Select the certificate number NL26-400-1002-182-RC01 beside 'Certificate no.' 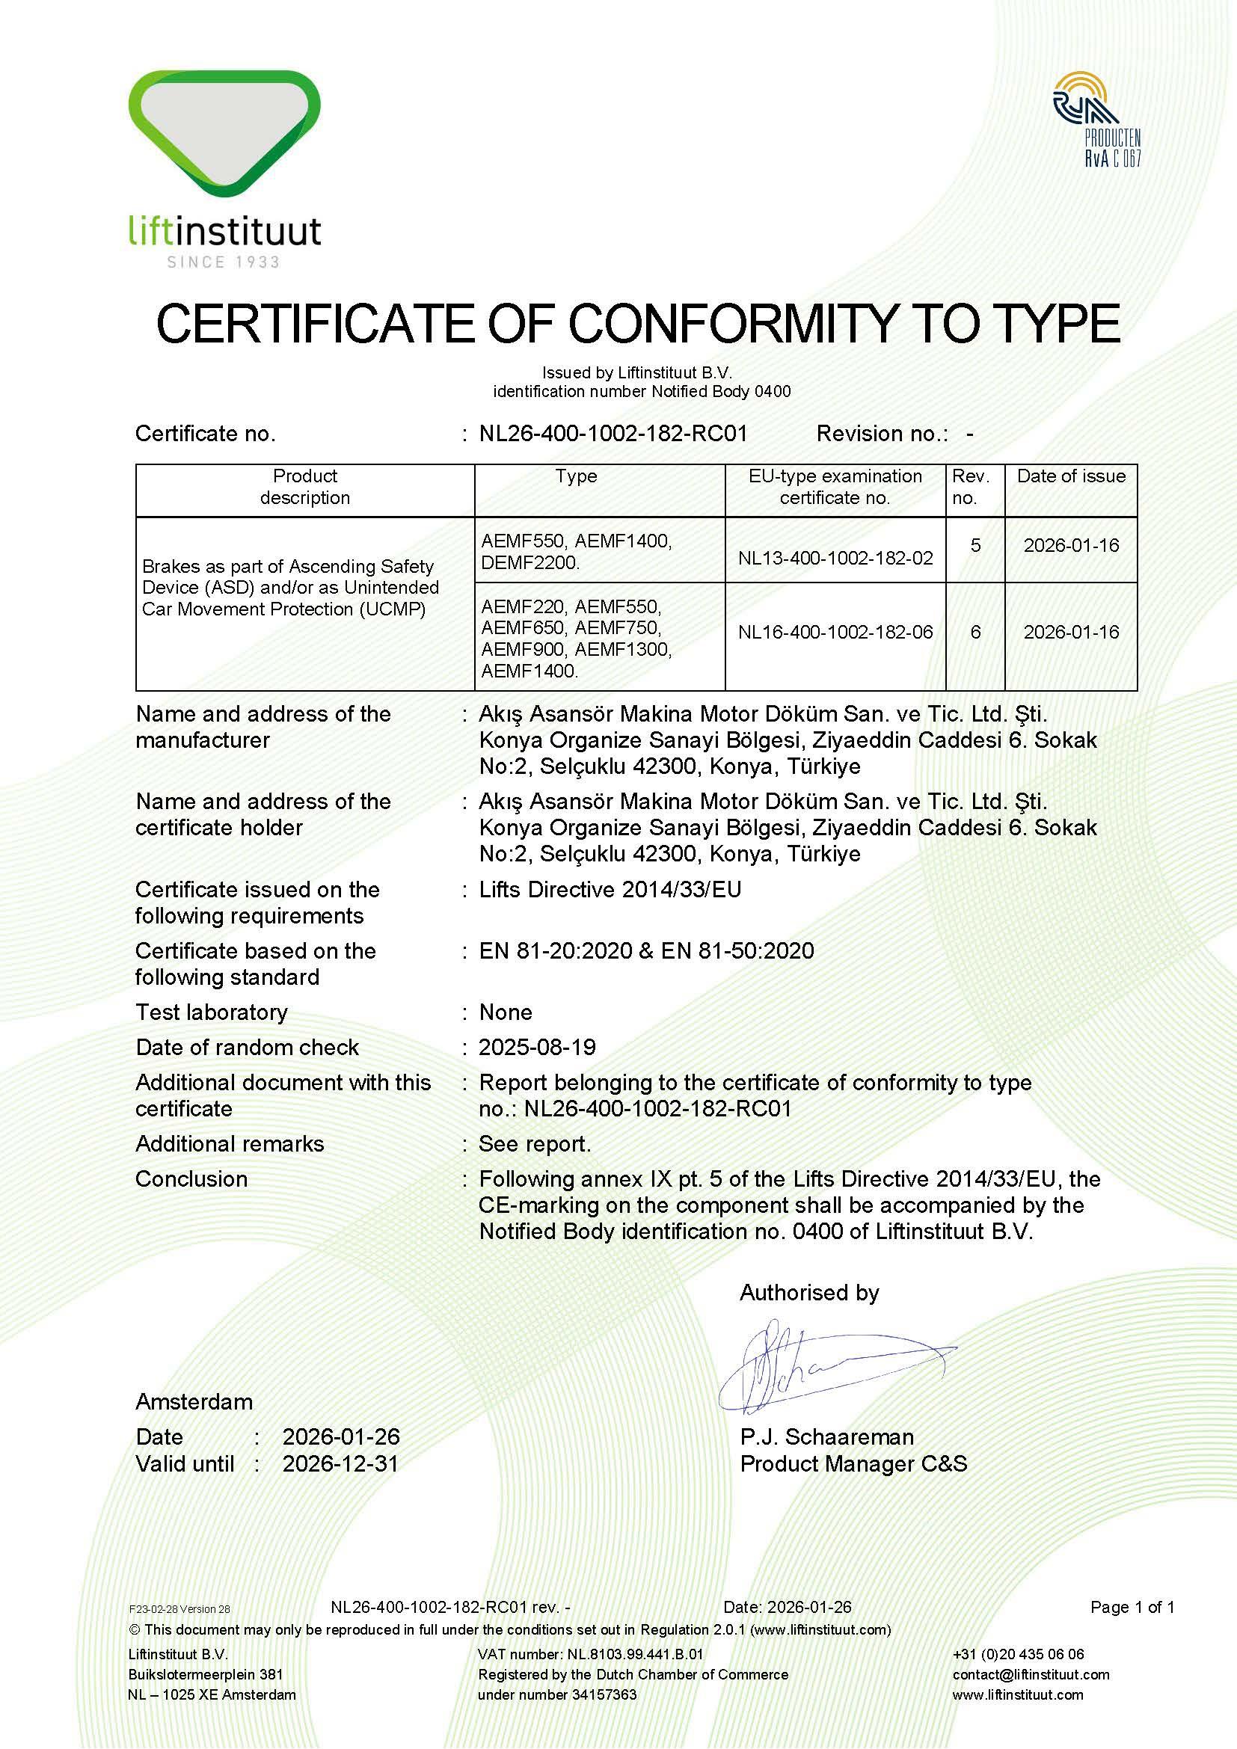click(x=613, y=434)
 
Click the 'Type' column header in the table click(x=576, y=477)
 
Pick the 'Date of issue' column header click(x=1071, y=477)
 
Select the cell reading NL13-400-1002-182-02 click(x=835, y=559)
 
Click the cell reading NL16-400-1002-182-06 click(x=835, y=633)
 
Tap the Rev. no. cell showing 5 click(x=975, y=546)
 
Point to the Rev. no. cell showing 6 click(x=975, y=633)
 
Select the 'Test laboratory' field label click(x=212, y=1012)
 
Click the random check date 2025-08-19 click(x=537, y=1048)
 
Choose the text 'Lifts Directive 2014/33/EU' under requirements click(x=610, y=890)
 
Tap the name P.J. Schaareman click(x=826, y=1437)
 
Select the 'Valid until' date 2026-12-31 click(x=340, y=1463)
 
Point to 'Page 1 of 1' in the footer click(x=1132, y=1608)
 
